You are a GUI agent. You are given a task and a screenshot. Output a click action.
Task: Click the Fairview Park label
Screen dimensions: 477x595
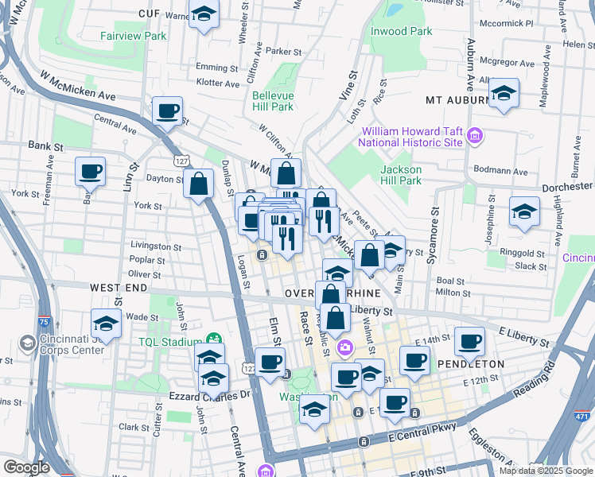134,36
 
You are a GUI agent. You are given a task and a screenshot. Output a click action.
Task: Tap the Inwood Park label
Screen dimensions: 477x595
401,31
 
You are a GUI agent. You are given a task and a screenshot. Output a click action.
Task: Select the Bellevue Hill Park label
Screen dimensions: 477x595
273,101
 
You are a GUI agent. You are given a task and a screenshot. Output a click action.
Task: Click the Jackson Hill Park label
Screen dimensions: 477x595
400,174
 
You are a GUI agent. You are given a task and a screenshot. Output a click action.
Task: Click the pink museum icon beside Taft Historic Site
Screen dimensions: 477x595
475,136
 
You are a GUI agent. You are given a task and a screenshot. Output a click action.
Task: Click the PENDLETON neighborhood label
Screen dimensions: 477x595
471,363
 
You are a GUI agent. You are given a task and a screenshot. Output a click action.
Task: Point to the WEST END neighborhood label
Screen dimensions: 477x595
118,286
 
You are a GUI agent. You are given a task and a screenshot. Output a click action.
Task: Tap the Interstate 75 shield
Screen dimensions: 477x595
44,323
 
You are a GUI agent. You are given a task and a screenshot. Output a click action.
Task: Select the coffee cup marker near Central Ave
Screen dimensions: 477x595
167,112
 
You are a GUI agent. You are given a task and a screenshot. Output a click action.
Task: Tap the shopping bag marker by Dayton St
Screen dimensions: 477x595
198,185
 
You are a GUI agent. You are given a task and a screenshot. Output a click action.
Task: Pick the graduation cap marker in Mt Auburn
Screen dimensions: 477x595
504,94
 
